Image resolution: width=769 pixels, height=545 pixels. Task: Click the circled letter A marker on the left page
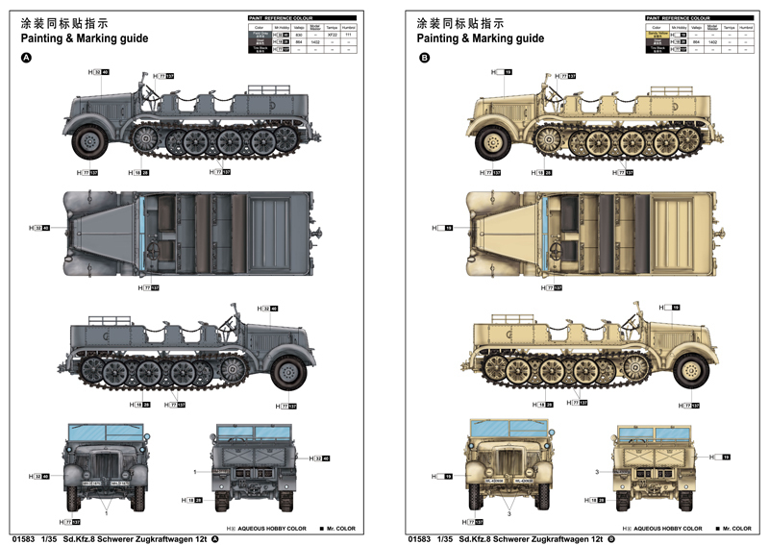pos(26,59)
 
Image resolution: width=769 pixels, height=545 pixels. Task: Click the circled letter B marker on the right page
pos(424,59)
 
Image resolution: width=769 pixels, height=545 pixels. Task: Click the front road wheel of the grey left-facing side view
pos(89,142)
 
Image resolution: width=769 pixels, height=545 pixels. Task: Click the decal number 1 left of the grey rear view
pos(194,472)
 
